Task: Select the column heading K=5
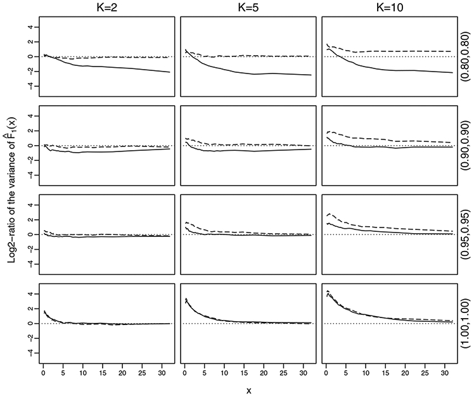point(248,7)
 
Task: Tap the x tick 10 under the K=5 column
point(224,366)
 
